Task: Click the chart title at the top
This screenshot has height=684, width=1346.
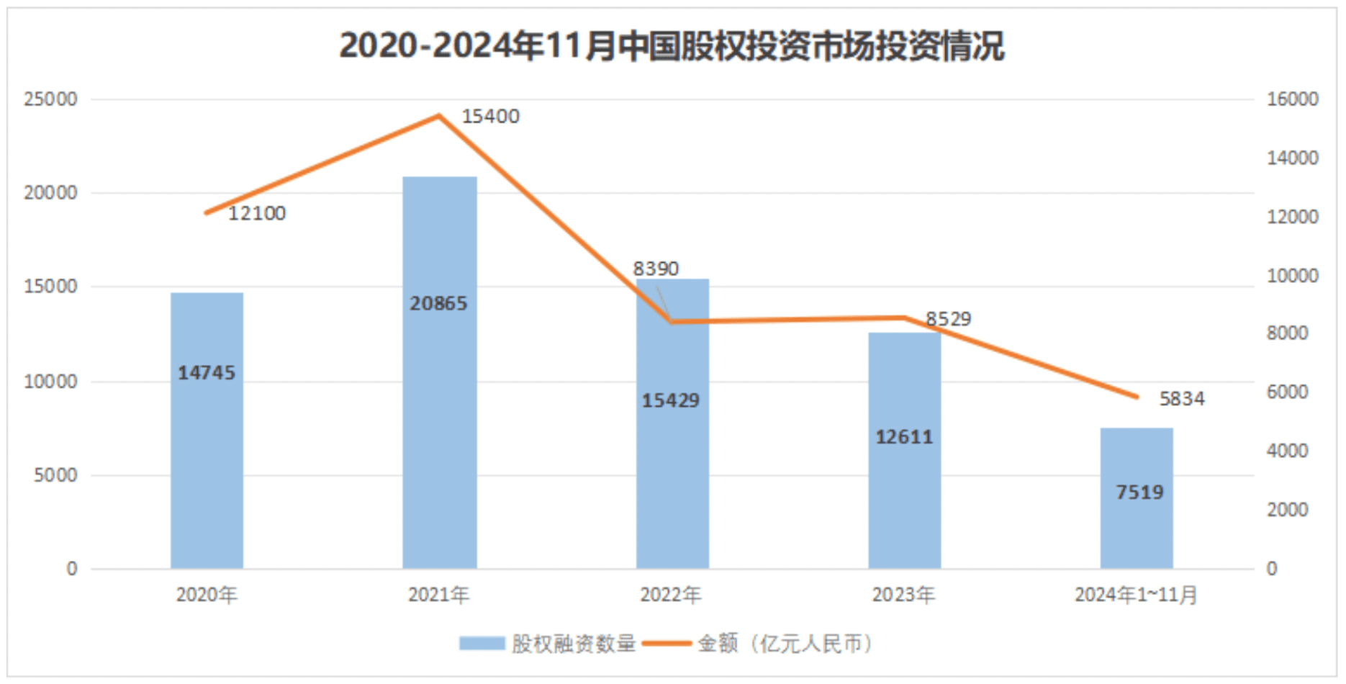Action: [x=672, y=46]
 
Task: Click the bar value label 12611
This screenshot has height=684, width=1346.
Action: [x=904, y=437]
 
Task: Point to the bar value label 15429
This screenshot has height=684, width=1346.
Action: [x=671, y=400]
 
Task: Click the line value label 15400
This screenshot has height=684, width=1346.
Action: [x=490, y=117]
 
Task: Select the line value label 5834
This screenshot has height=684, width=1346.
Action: [x=1181, y=399]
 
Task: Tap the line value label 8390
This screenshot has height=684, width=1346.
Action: [x=656, y=269]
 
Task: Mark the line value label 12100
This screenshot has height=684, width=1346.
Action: [x=257, y=214]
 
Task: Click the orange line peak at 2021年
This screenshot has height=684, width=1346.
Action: [x=439, y=116]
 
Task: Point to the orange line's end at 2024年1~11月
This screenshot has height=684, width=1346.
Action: [x=1137, y=396]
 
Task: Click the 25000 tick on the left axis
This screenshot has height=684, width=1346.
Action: [x=50, y=99]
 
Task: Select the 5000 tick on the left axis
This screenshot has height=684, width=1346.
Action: [x=55, y=475]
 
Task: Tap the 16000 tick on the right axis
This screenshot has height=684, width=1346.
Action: [x=1292, y=99]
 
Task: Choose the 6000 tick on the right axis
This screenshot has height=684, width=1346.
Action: [x=1288, y=392]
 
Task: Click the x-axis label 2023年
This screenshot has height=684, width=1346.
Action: [x=903, y=595]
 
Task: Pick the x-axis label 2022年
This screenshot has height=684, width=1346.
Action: [x=671, y=595]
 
